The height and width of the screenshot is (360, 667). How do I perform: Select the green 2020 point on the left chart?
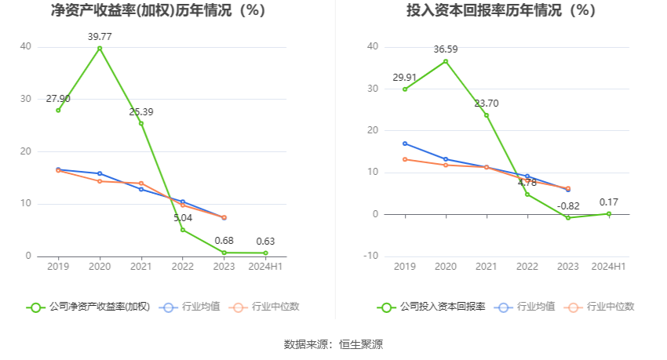point(100,48)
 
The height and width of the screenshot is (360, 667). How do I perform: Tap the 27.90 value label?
point(58,98)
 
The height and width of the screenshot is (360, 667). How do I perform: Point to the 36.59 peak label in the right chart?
point(446,49)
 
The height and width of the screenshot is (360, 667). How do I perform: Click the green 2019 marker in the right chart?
point(405,89)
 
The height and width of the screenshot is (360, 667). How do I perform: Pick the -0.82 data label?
point(568,205)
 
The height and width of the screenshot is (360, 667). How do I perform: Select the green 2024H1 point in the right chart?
point(609,213)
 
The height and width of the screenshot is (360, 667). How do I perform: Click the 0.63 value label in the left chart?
point(265,241)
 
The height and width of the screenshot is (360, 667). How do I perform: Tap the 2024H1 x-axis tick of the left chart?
point(265,267)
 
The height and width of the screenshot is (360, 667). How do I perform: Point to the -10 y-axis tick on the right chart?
point(370,256)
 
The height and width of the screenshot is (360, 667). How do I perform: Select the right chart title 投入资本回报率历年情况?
point(501,11)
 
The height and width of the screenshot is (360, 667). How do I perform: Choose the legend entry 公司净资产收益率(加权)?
point(88,307)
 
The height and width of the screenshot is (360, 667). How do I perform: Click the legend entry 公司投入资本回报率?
point(432,307)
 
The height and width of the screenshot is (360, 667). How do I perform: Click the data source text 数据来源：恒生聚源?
point(333,344)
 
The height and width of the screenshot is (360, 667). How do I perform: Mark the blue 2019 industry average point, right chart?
point(405,144)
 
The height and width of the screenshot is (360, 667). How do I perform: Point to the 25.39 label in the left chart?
point(141,111)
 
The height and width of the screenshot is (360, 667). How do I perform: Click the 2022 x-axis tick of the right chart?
point(527,267)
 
